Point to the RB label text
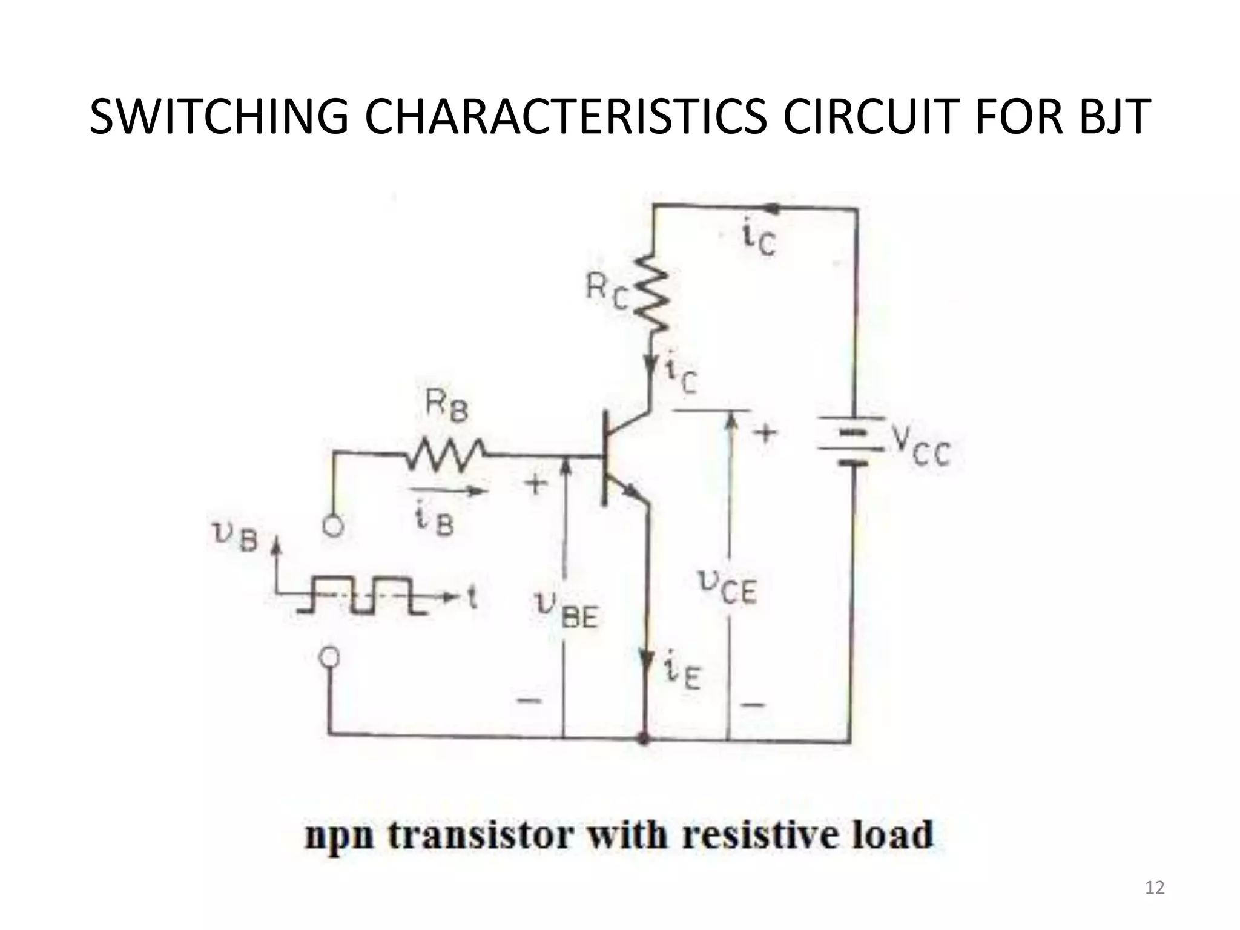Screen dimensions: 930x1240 point(446,406)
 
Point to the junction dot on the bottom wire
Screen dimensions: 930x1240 point(645,739)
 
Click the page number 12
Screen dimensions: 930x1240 point(1155,888)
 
